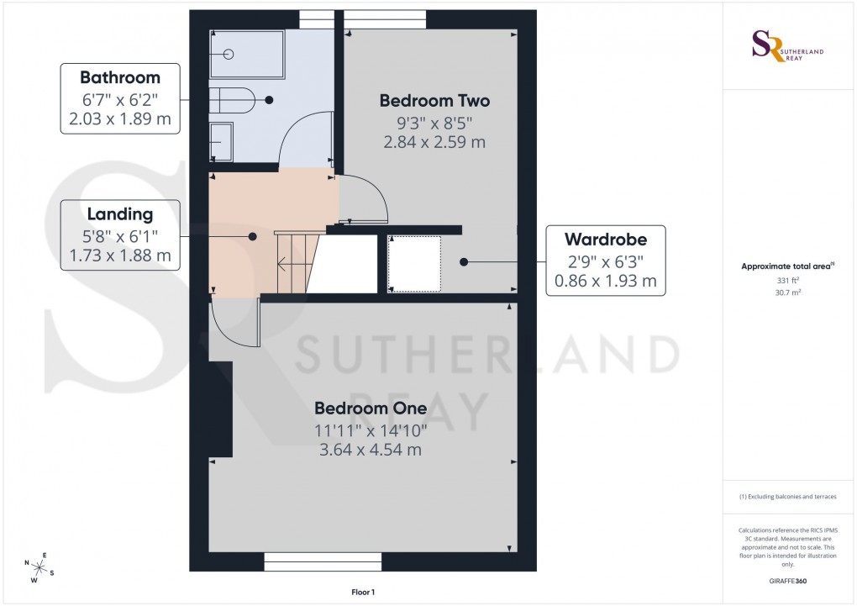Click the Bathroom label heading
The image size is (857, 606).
point(119,78)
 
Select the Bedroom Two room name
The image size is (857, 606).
point(434,101)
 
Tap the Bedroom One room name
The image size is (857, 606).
point(371,408)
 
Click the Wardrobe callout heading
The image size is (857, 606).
point(605,240)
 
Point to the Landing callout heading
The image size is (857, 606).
point(119,214)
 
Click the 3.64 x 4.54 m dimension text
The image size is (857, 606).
point(371,451)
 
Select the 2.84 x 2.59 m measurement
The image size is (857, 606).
point(434,142)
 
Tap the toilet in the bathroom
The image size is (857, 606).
point(231,100)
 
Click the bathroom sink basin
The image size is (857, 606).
point(221,141)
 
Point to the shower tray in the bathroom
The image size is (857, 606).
point(248,55)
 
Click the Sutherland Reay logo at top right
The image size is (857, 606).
point(786,47)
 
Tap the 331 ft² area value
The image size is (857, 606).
point(786,281)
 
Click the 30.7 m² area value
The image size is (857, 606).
point(786,293)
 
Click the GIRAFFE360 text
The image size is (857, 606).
point(786,581)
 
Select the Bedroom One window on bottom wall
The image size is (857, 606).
point(323,561)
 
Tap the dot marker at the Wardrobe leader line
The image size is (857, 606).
point(464,262)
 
